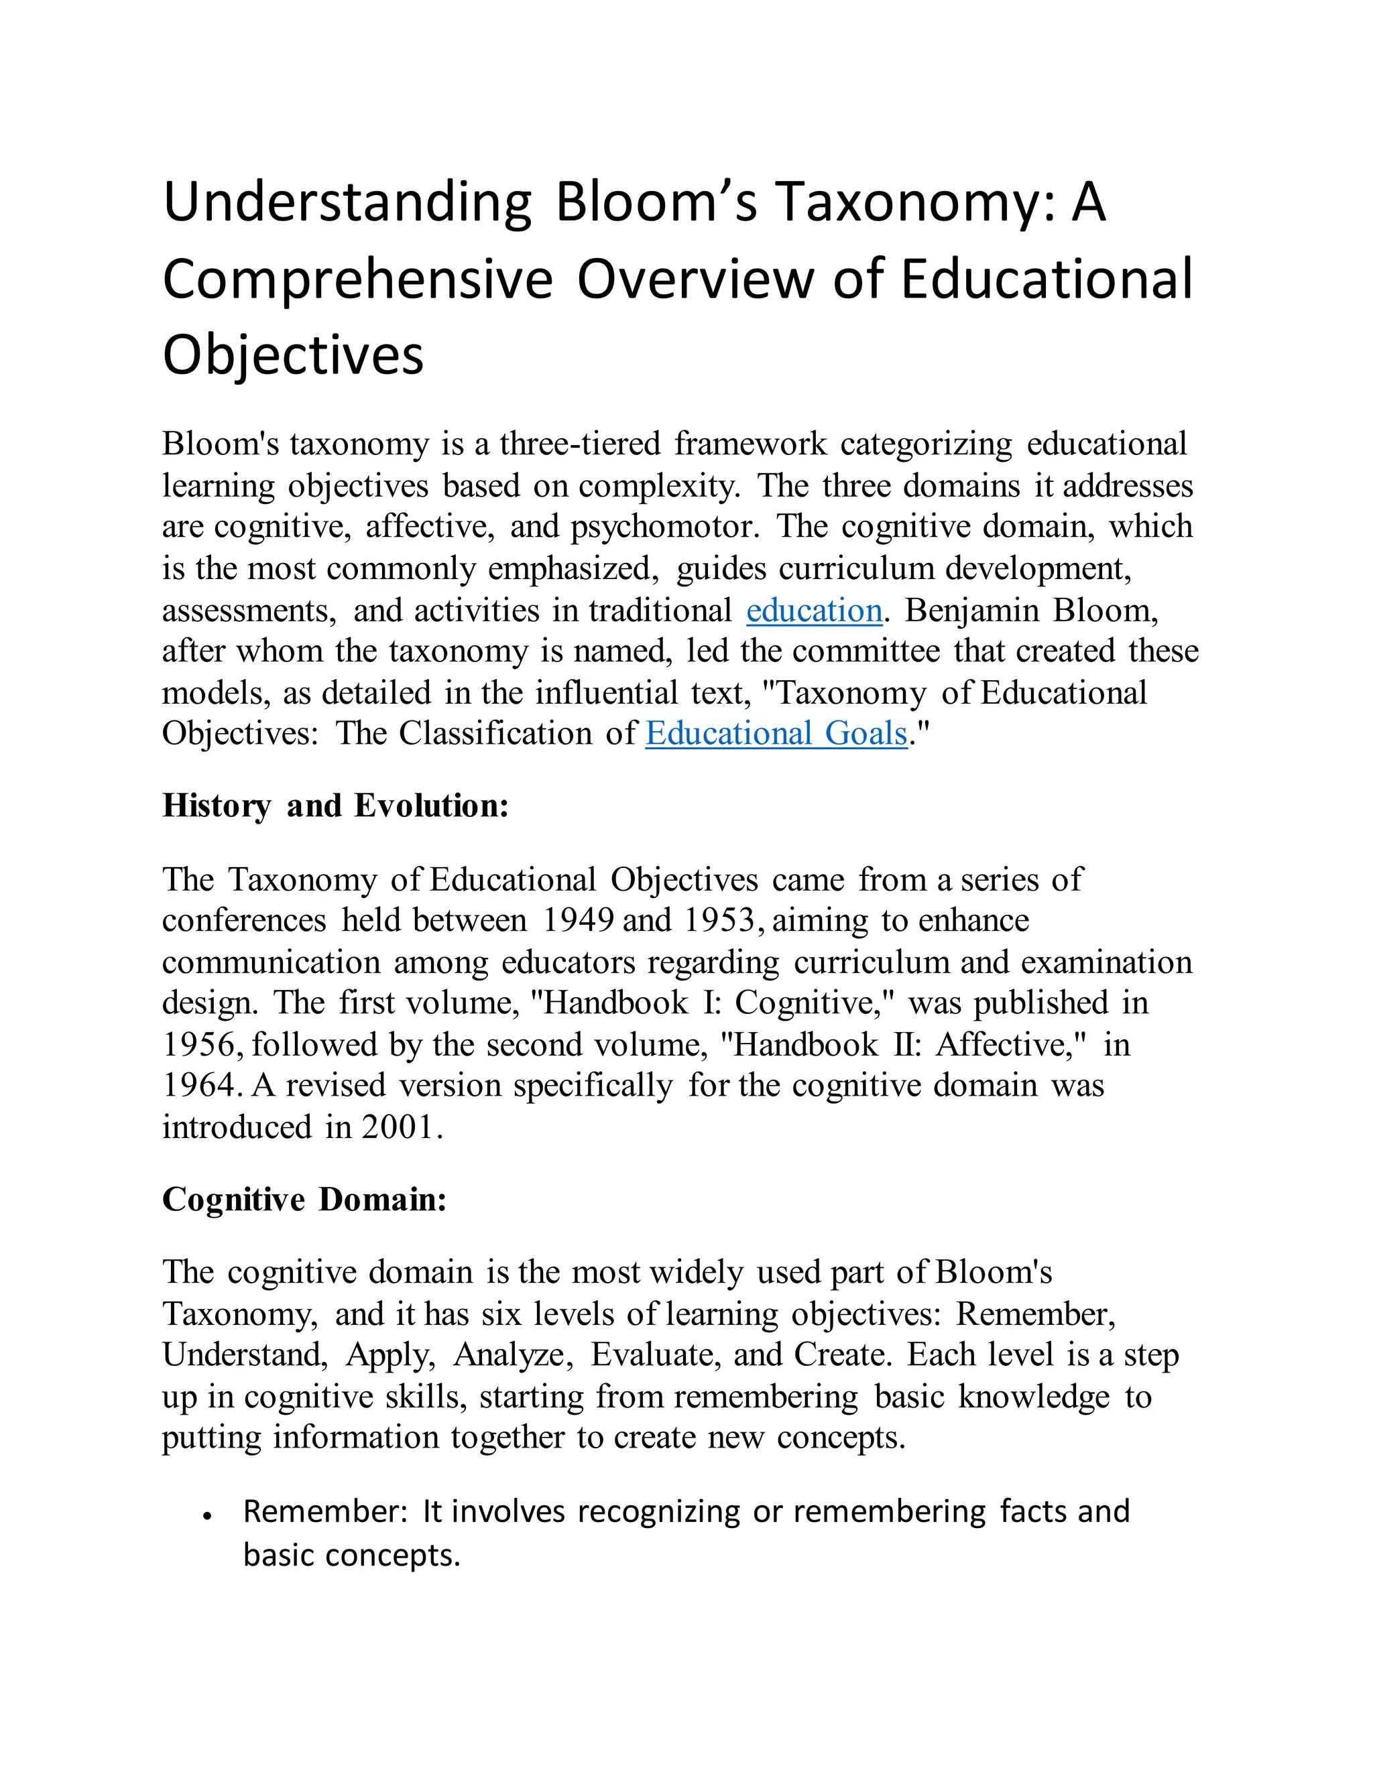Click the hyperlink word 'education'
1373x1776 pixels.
(813, 611)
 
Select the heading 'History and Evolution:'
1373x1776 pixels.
(335, 806)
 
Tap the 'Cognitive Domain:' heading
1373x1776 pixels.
(304, 1200)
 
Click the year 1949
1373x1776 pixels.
(577, 921)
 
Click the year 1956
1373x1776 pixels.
(199, 1045)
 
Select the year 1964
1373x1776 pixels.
(199, 1086)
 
